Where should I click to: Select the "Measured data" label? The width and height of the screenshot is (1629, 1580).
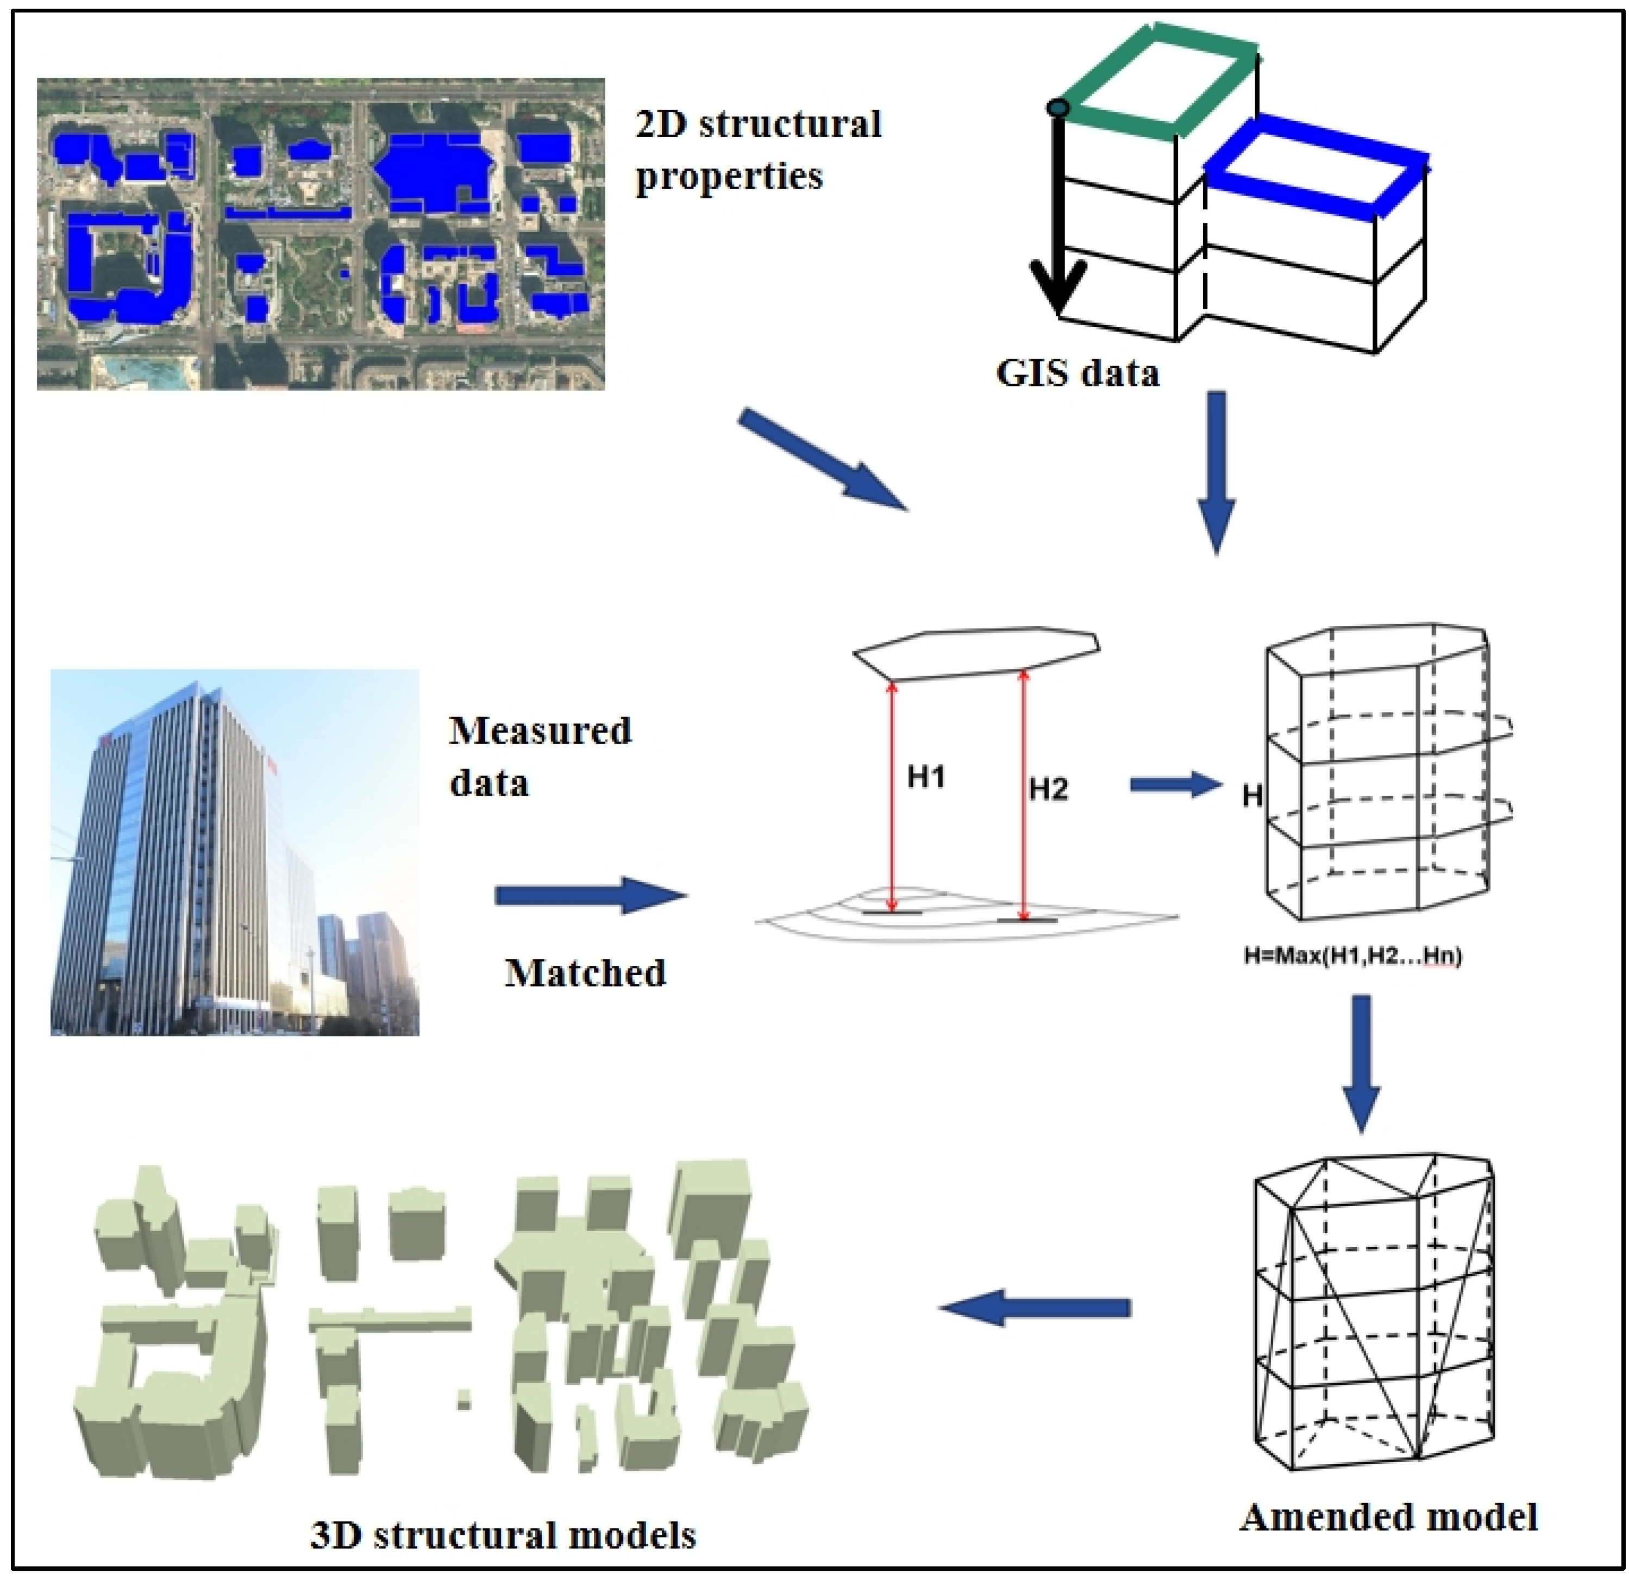click(x=540, y=757)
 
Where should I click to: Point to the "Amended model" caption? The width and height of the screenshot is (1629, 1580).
click(x=1388, y=1517)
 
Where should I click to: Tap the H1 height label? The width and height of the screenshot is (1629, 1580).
click(x=926, y=777)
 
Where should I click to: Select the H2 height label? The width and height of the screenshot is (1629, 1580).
click(x=1048, y=789)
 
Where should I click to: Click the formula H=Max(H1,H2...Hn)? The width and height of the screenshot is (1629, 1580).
click(x=1352, y=956)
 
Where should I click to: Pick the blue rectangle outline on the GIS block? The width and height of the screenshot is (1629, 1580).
click(x=1317, y=166)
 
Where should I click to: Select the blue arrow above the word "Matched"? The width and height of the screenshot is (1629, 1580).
click(x=590, y=895)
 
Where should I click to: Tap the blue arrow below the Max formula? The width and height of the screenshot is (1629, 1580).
click(x=1361, y=1064)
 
